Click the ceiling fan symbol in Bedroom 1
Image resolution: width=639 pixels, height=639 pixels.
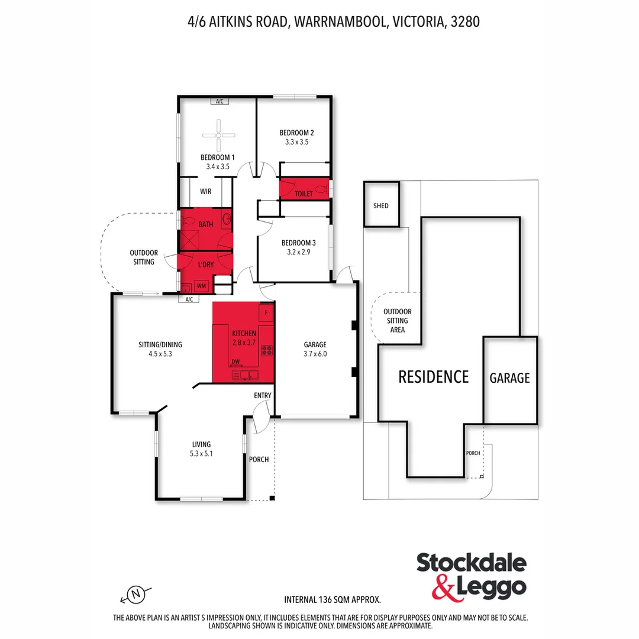[218, 135]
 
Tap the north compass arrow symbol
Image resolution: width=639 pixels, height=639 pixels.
[136, 593]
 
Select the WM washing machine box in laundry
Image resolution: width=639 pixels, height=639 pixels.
[202, 286]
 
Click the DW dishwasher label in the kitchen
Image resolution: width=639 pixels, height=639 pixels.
[235, 362]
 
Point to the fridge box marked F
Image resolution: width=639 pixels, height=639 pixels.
[266, 312]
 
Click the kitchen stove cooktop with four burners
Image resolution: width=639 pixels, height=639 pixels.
[267, 350]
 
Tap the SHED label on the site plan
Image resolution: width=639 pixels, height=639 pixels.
[381, 206]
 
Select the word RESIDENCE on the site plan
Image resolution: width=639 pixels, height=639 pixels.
[433, 377]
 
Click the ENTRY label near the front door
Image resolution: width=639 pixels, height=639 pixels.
[263, 395]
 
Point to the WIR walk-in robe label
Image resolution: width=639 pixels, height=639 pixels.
[205, 192]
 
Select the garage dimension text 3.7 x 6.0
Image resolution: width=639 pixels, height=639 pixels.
[315, 354]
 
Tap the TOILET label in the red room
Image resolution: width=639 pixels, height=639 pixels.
[304, 193]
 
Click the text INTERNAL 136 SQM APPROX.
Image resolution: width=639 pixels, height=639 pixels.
[333, 599]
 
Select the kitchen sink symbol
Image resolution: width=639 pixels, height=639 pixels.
[245, 375]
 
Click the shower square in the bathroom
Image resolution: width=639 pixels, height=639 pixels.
[191, 241]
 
